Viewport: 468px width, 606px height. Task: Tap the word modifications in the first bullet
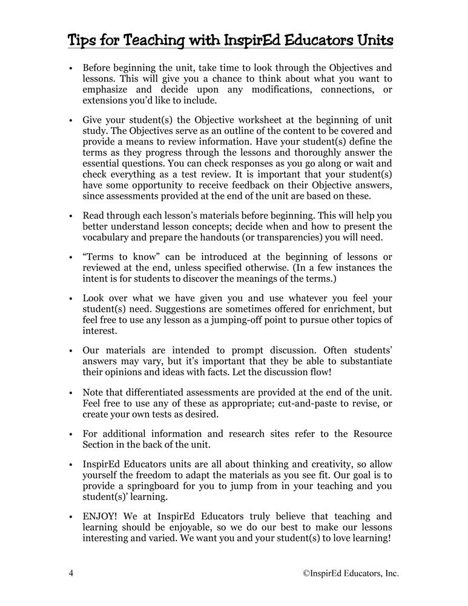(x=285, y=90)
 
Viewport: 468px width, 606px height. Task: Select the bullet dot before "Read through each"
(x=71, y=216)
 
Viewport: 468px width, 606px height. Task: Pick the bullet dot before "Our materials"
(x=71, y=350)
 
